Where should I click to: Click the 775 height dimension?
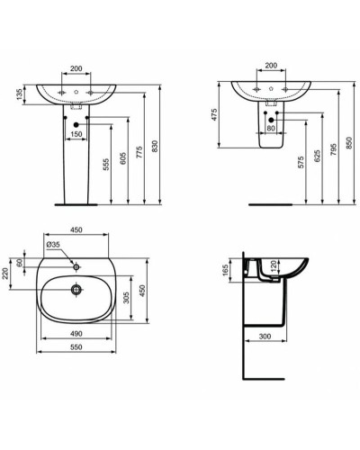point(141,155)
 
